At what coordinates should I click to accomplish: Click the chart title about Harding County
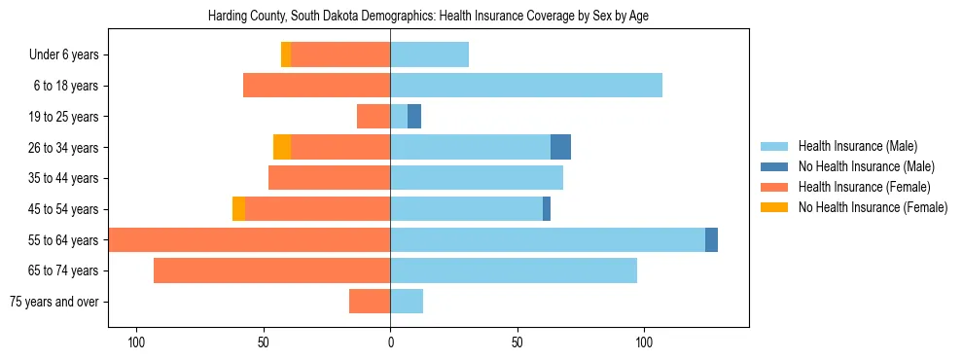pyautogui.click(x=428, y=17)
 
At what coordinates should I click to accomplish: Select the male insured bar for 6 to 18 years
pyautogui.click(x=526, y=86)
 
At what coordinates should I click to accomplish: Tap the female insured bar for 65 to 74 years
pyautogui.click(x=271, y=270)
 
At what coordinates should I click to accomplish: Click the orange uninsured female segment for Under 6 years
pyautogui.click(x=286, y=55)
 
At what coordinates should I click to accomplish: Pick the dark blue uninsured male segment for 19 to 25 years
pyautogui.click(x=414, y=117)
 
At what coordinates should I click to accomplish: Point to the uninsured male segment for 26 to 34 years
pyautogui.click(x=560, y=148)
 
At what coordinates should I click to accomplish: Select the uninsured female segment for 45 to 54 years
pyautogui.click(x=238, y=209)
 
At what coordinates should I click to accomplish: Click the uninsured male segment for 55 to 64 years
pyautogui.click(x=711, y=240)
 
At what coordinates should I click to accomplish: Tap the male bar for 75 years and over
pyautogui.click(x=407, y=302)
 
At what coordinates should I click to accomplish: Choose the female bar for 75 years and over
pyautogui.click(x=370, y=302)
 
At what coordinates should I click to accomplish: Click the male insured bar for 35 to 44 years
pyautogui.click(x=477, y=178)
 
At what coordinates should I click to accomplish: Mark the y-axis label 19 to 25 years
pyautogui.click(x=65, y=117)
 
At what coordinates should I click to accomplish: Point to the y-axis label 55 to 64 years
pyautogui.click(x=65, y=240)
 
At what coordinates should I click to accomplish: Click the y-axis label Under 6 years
pyautogui.click(x=70, y=55)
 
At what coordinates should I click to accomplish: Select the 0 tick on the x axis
pyautogui.click(x=390, y=342)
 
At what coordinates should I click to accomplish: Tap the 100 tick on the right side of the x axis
pyautogui.click(x=644, y=342)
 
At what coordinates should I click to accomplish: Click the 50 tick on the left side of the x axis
pyautogui.click(x=264, y=342)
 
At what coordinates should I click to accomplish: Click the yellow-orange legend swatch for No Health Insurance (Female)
pyautogui.click(x=774, y=207)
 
